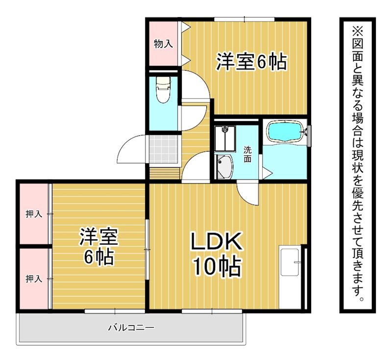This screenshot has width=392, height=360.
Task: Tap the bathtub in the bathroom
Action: pos(285,131)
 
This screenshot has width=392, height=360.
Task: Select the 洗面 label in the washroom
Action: pos(247,155)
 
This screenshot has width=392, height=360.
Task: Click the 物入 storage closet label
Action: pos(163,44)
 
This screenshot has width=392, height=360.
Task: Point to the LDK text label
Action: pos(217,241)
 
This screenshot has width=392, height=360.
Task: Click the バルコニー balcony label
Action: pos(131,328)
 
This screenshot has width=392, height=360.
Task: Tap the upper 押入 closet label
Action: pos(34,214)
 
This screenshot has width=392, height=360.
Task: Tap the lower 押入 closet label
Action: pos(34,279)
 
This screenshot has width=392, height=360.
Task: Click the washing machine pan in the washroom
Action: pos(225,138)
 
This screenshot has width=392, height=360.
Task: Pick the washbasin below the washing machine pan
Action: pos(224,167)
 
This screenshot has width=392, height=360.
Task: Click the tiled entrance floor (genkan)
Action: pos(163,150)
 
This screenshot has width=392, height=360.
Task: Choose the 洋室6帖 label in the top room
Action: pos(251,62)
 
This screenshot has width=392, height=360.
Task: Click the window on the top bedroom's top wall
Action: pos(244,19)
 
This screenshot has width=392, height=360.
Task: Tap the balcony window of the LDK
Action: pos(212,311)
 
